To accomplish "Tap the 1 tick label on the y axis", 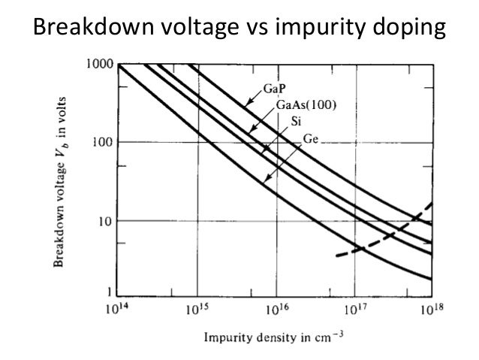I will pyautogui.click(x=109, y=291).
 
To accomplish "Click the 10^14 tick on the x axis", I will pyautogui.click(x=118, y=308).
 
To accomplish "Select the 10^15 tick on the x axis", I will pyautogui.click(x=196, y=308).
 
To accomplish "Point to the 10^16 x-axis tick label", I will pyautogui.click(x=275, y=308).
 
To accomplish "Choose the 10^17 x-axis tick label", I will pyautogui.click(x=353, y=308).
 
